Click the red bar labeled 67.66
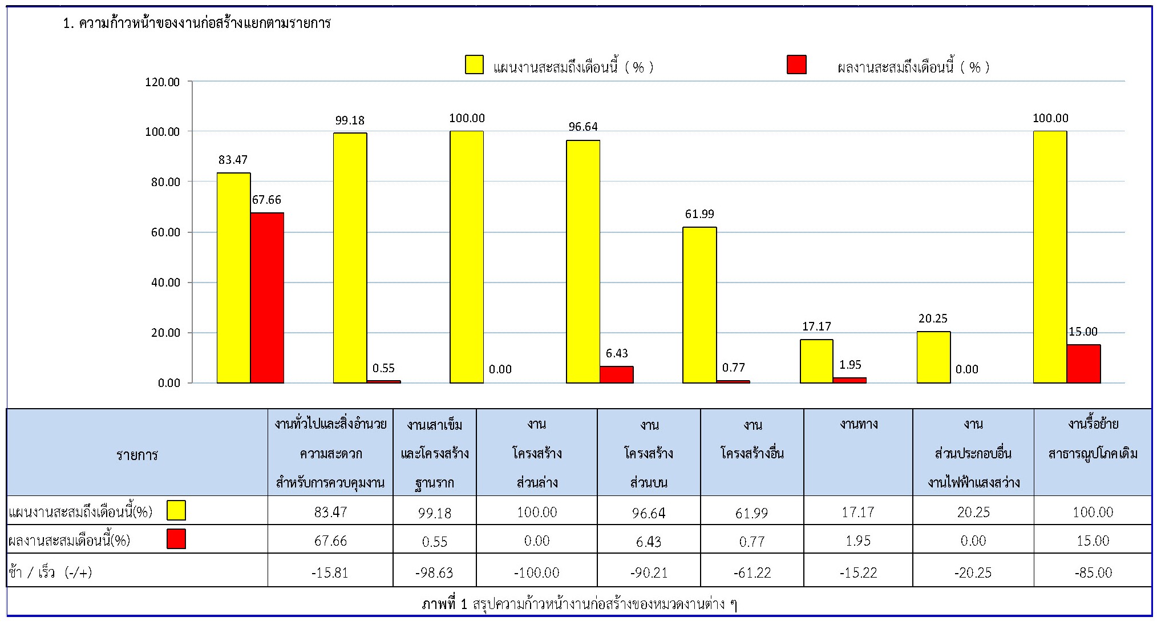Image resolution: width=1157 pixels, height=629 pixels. click(x=267, y=297)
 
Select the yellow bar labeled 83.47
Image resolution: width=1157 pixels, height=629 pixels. click(x=233, y=277)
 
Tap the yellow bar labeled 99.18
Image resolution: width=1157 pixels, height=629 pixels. click(x=350, y=257)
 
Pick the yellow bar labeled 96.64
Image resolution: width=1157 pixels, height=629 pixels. click(x=583, y=261)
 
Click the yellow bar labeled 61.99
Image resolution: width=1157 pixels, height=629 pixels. click(x=699, y=305)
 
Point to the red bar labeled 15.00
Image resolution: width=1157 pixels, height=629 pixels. click(x=1083, y=364)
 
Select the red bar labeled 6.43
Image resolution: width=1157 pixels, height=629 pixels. click(x=617, y=374)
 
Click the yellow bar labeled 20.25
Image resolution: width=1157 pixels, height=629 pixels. click(x=933, y=357)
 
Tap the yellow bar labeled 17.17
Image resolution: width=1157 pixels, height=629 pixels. click(x=816, y=361)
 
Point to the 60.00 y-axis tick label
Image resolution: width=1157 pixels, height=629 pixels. click(x=165, y=232)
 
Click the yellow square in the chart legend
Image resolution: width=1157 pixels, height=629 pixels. click(x=474, y=65)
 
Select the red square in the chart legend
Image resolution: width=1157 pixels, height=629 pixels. click(x=796, y=65)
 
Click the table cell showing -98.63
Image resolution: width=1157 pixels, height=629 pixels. click(x=434, y=572)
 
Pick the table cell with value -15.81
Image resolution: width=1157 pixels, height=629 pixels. click(x=330, y=572)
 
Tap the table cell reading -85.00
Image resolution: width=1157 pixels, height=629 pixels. click(x=1093, y=572)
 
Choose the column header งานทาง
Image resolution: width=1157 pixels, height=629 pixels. click(x=858, y=424)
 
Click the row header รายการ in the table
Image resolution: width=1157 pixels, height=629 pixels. click(x=137, y=455)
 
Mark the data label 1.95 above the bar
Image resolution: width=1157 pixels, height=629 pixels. click(x=850, y=365)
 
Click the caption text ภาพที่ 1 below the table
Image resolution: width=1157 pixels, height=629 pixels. click(x=444, y=604)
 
